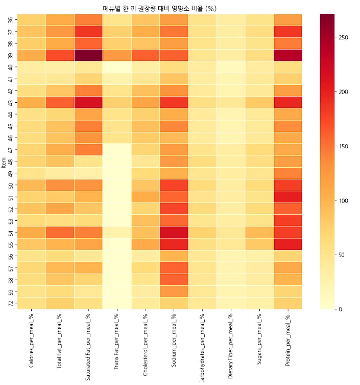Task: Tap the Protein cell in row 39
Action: (288, 55)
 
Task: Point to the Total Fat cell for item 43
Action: (60, 102)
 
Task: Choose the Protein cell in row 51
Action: (288, 197)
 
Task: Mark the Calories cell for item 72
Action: (31, 303)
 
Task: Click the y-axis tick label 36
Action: (11, 20)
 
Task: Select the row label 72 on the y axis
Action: (11, 303)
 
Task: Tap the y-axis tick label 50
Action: (11, 185)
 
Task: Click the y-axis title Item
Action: (4, 162)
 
